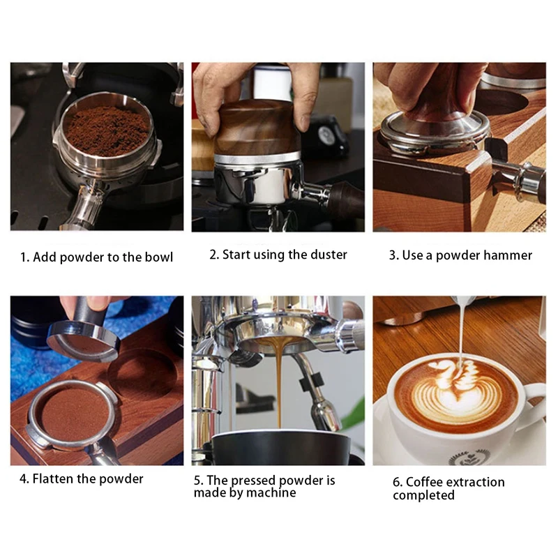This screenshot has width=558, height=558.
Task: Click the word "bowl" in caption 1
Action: pos(159,257)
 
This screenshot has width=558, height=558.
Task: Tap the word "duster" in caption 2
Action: pos(329,255)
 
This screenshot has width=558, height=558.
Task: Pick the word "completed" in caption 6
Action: pos(423,495)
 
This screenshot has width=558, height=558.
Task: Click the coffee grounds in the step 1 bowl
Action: pos(107,130)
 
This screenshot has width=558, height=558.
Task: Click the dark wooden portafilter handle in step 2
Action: pos(345,200)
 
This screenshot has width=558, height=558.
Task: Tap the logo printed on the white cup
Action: pos(469,458)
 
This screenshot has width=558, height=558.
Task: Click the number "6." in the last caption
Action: pos(398,482)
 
